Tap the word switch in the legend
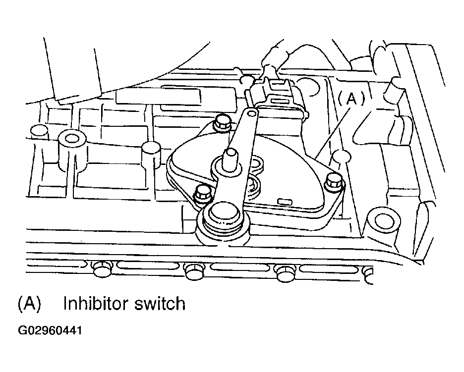click(160, 304)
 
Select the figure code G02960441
click(50, 330)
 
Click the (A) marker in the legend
click(29, 304)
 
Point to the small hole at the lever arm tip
click(251, 113)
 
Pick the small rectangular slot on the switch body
click(285, 202)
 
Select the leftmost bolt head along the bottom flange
click(102, 268)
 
